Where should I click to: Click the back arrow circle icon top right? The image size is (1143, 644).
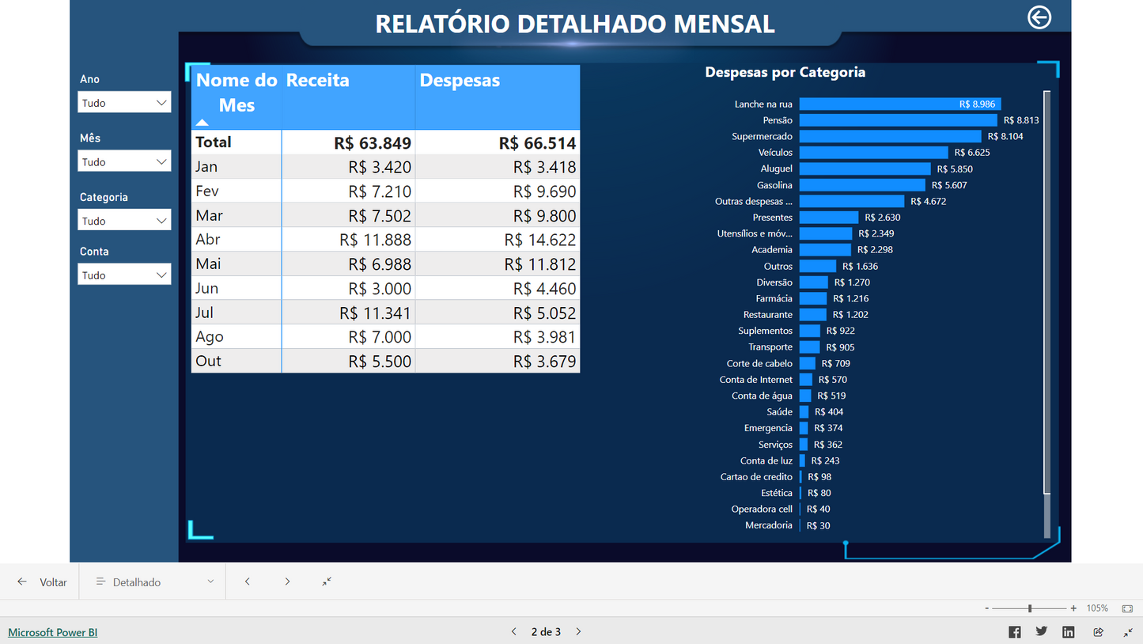(1039, 17)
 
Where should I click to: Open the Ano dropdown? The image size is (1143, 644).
(124, 103)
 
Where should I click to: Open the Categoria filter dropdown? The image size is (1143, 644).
(124, 221)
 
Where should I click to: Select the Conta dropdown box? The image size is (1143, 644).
(124, 275)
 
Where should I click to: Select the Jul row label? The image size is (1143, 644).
(206, 313)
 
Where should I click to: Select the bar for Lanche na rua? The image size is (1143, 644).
(878, 104)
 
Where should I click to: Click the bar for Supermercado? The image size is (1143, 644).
(878, 136)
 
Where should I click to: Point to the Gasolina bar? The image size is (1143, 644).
(861, 185)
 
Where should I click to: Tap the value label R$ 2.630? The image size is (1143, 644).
(883, 218)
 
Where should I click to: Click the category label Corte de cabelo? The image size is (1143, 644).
(759, 364)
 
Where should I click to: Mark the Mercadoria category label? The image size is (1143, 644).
(768, 525)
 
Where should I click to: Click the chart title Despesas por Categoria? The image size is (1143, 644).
(785, 73)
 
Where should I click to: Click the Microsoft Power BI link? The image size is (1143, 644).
(53, 632)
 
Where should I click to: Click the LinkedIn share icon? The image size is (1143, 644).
(1068, 631)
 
